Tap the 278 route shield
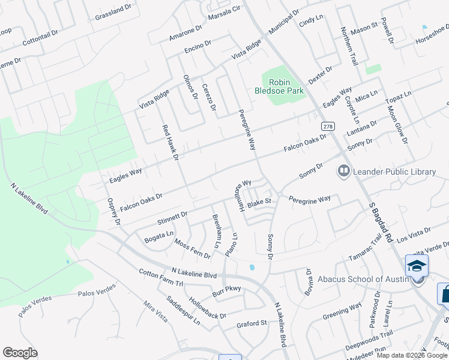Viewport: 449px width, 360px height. point(327,127)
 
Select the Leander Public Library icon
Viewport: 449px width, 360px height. point(344,172)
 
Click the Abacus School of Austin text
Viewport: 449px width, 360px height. point(357,279)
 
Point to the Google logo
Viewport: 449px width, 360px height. point(20,353)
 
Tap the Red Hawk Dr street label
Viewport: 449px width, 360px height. point(171,143)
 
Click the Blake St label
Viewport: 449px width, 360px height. point(260,203)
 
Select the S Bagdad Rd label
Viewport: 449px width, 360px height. point(380,221)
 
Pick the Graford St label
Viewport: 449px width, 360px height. point(252,323)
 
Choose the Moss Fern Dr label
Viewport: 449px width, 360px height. point(192,249)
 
